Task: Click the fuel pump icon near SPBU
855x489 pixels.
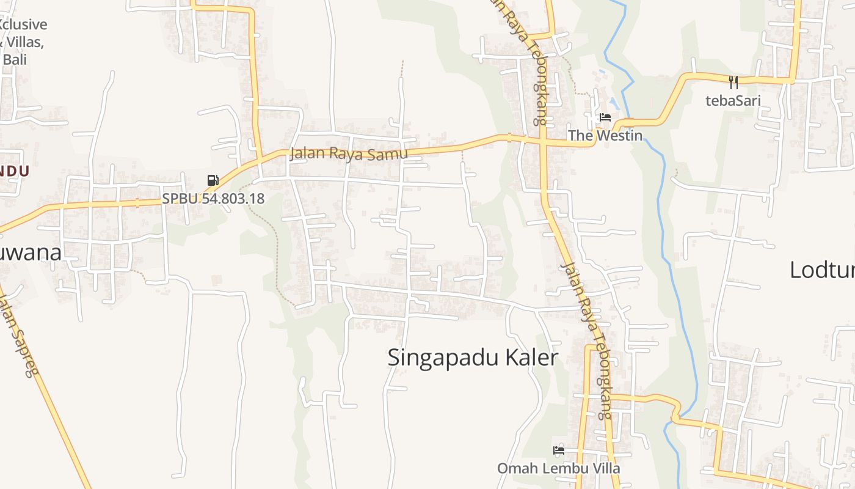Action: (x=213, y=180)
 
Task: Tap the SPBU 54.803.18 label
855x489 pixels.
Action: (x=213, y=199)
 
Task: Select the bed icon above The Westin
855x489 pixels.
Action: (x=605, y=117)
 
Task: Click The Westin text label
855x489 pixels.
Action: (x=605, y=135)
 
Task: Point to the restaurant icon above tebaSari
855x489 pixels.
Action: (x=733, y=83)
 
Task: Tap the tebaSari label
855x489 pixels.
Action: (x=733, y=100)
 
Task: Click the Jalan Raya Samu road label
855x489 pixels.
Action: (x=349, y=153)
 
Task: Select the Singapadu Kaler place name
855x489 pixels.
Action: (x=473, y=358)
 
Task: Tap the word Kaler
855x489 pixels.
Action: (x=535, y=358)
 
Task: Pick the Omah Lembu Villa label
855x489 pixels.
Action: (x=558, y=468)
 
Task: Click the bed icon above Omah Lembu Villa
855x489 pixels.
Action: (x=558, y=450)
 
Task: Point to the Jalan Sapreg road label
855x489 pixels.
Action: (x=18, y=336)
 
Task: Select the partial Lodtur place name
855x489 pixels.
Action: (x=821, y=270)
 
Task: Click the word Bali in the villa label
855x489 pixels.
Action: (x=15, y=60)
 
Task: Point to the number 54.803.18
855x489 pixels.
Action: (x=230, y=199)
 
